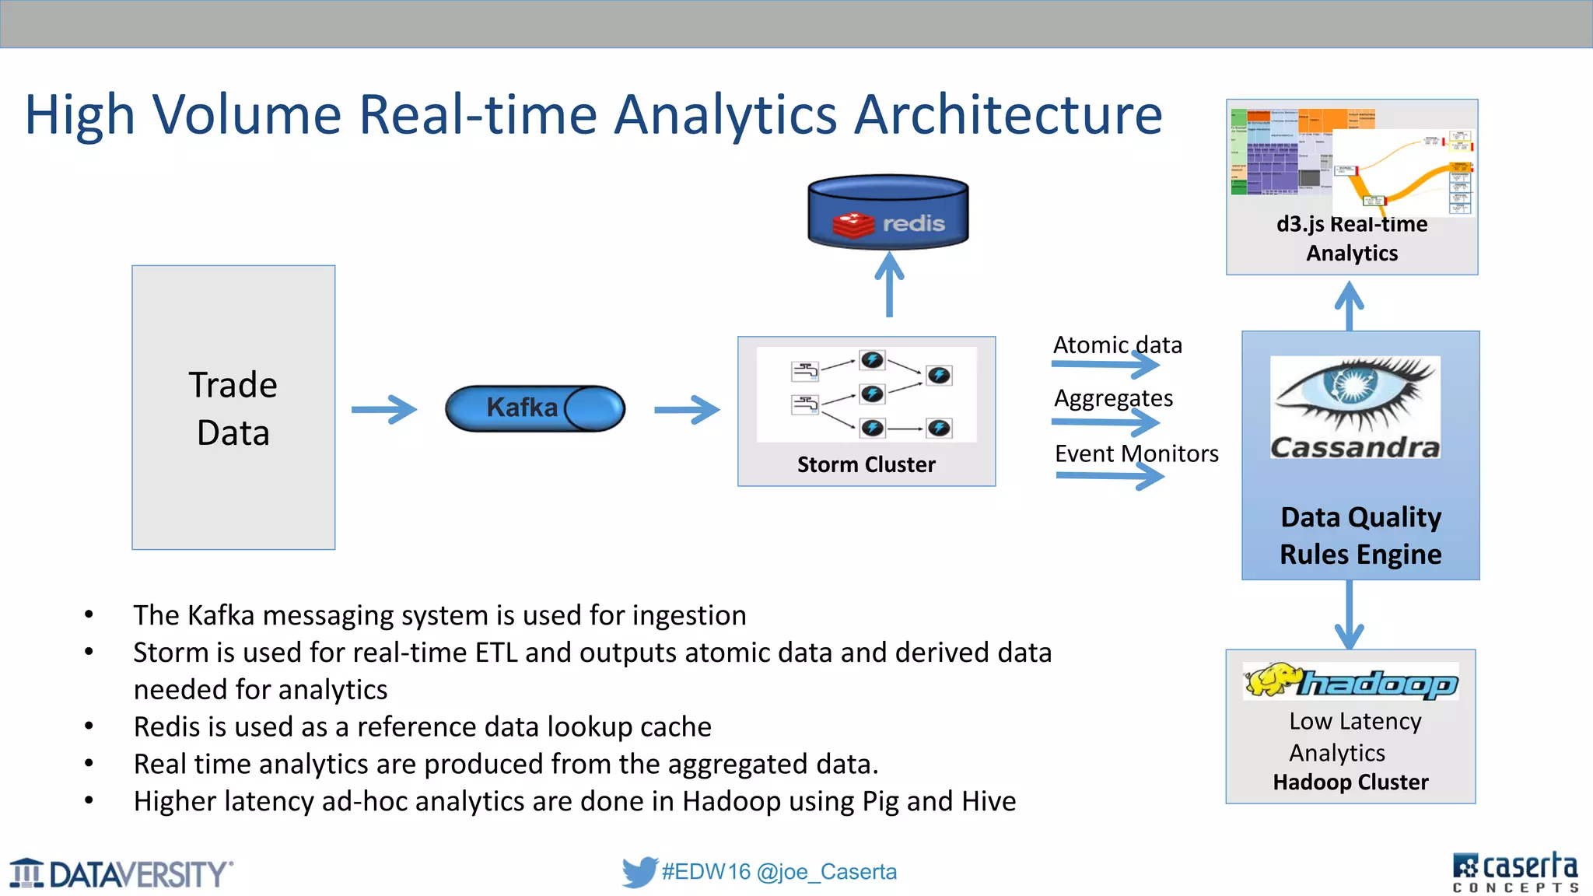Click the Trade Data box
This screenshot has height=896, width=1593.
tap(233, 408)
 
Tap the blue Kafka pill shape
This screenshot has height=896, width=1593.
tap(534, 408)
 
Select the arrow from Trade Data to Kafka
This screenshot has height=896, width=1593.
tap(383, 409)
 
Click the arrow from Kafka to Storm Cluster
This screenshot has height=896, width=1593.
tap(687, 409)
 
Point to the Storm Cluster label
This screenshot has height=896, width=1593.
tap(866, 464)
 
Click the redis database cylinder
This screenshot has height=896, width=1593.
tap(888, 212)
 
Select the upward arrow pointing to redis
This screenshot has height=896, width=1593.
tap(889, 284)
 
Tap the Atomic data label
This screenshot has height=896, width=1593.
tap(1117, 345)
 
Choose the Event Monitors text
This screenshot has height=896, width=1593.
tap(1136, 453)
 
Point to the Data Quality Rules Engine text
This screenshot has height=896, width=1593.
tap(1360, 536)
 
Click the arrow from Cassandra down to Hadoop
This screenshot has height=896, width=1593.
tap(1349, 614)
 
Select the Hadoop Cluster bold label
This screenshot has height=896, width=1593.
tap(1350, 782)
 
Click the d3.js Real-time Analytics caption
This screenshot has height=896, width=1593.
tap(1352, 238)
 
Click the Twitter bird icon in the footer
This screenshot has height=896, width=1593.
tap(639, 872)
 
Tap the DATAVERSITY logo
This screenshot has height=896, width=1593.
tap(121, 874)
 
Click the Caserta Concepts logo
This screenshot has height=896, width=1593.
tap(1514, 872)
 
